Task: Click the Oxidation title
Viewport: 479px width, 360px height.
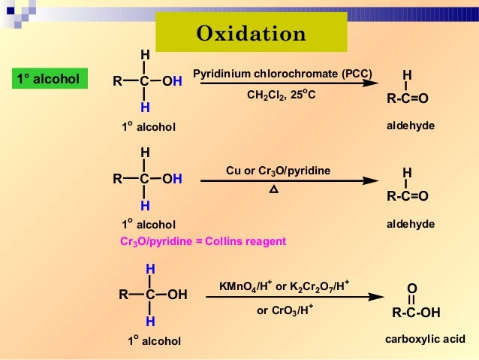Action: pos(251,34)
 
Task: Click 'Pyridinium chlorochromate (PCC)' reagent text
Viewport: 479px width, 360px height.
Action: pos(282,74)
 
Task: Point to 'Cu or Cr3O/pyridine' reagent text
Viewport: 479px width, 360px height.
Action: pos(279,171)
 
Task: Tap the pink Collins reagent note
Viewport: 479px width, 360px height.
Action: pos(203,242)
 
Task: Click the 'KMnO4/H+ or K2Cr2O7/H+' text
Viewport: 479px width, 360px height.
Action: pos(284,286)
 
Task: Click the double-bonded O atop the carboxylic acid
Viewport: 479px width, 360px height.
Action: pos(411,289)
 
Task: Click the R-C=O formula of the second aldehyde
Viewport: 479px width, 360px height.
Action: pos(407,197)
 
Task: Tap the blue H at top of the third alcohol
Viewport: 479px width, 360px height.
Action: pos(150,268)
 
